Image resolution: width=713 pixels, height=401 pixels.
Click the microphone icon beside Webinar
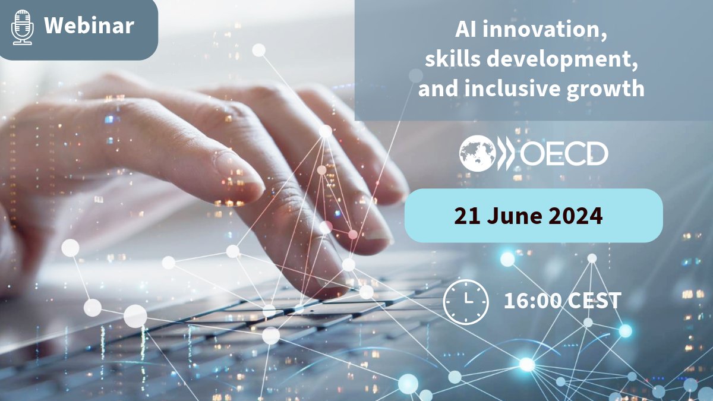pos(23,27)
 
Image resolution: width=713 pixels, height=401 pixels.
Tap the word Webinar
pos(89,26)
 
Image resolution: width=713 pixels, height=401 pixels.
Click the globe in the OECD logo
pos(477,153)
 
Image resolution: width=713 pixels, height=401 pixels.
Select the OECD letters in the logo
pos(564,153)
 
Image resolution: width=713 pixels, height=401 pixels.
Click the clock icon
pos(466,301)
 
